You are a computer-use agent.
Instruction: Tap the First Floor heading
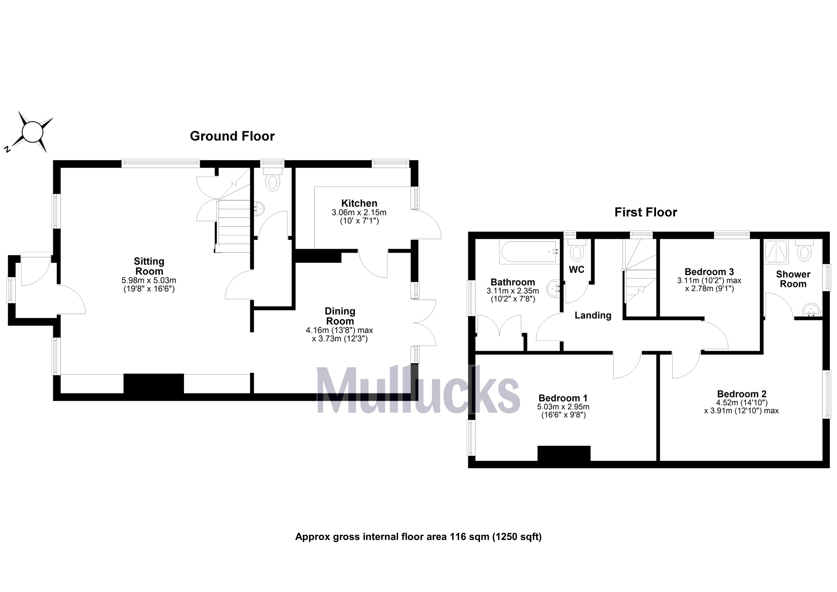click(x=646, y=212)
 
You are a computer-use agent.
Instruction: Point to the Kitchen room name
click(x=359, y=203)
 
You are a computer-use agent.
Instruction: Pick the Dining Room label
click(x=340, y=316)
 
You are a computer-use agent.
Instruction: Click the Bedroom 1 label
click(x=563, y=398)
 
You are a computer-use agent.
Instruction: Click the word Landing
click(x=593, y=315)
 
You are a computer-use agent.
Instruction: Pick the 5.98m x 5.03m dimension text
click(x=149, y=280)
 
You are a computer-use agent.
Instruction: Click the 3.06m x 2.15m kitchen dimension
click(x=359, y=212)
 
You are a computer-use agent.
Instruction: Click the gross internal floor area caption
click(x=418, y=537)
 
